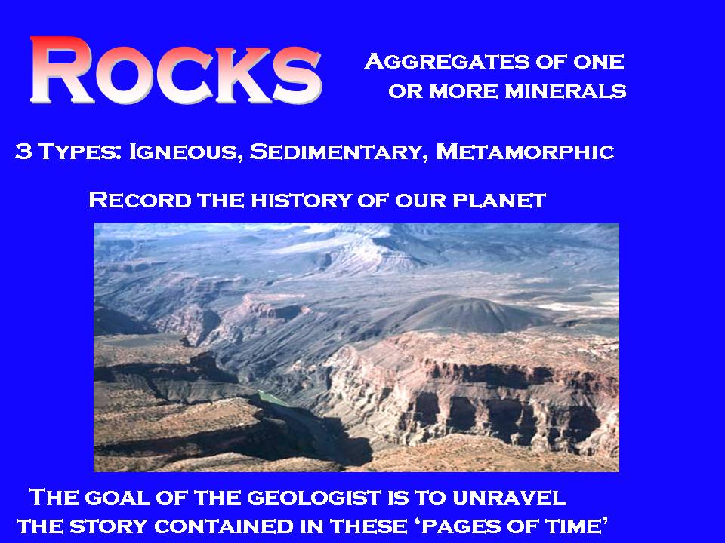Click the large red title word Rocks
(x=176, y=70)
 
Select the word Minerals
(x=566, y=91)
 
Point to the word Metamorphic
(x=525, y=152)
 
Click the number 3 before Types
(x=23, y=152)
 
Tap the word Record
(x=140, y=201)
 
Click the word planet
(x=499, y=201)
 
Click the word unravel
(x=508, y=498)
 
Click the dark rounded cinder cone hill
(x=467, y=314)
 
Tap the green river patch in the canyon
(x=273, y=398)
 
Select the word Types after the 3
(x=80, y=152)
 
